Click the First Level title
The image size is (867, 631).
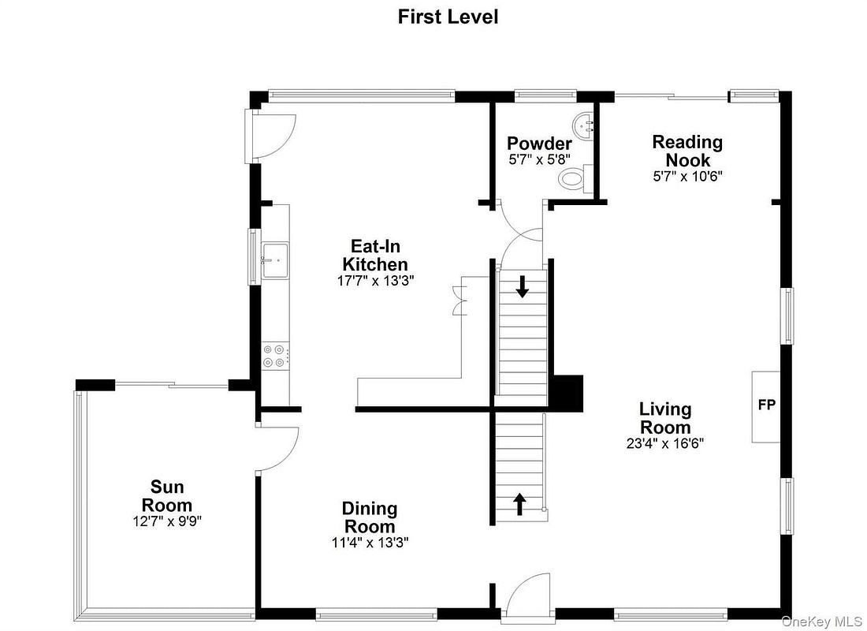pyautogui.click(x=448, y=17)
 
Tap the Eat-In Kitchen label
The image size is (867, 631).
pyautogui.click(x=375, y=255)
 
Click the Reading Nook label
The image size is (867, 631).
pyautogui.click(x=687, y=151)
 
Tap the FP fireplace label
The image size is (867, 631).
pyautogui.click(x=766, y=405)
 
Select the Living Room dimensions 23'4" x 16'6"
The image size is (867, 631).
pyautogui.click(x=665, y=443)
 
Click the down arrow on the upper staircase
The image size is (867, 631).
pyautogui.click(x=522, y=286)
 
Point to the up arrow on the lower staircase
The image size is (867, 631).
pyautogui.click(x=519, y=504)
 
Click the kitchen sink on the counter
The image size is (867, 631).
pyautogui.click(x=275, y=260)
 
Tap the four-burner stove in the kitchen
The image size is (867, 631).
pyautogui.click(x=274, y=356)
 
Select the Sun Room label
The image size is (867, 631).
pyautogui.click(x=167, y=496)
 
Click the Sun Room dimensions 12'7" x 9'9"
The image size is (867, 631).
pyautogui.click(x=167, y=521)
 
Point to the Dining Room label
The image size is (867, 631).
pyautogui.click(x=370, y=517)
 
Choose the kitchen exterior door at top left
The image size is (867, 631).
pyautogui.click(x=271, y=136)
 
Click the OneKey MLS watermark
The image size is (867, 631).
pyautogui.click(x=821, y=622)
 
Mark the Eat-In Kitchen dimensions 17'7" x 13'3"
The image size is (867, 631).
pyautogui.click(x=376, y=281)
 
